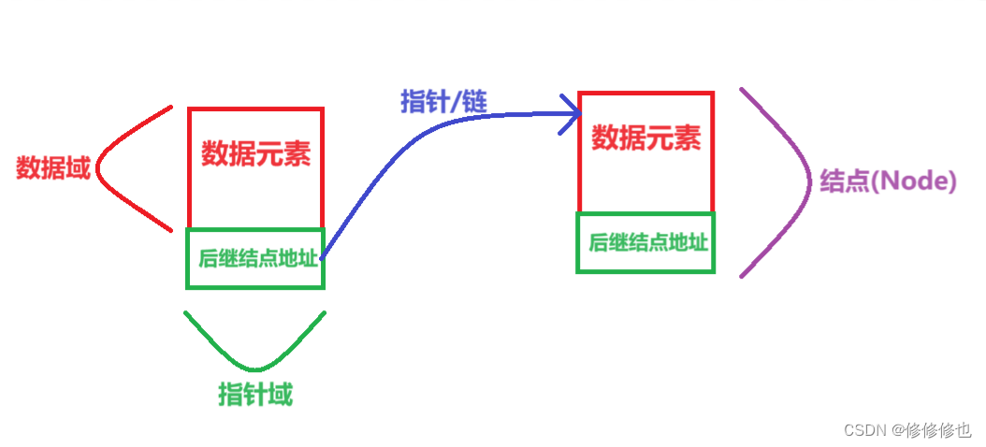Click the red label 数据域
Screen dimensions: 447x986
[x=53, y=168]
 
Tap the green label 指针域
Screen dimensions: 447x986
[x=255, y=395]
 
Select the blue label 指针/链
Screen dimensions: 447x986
[x=444, y=101]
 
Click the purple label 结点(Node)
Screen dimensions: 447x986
[x=888, y=181]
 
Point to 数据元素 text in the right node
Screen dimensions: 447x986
[x=646, y=139]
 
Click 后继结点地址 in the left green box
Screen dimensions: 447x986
[x=257, y=258]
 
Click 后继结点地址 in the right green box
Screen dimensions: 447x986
[x=647, y=242]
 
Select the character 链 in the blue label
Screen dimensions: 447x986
[x=474, y=101]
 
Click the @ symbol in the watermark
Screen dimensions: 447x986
[x=897, y=429]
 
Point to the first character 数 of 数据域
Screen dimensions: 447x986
[x=28, y=168]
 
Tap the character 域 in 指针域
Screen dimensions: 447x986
[x=280, y=395]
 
